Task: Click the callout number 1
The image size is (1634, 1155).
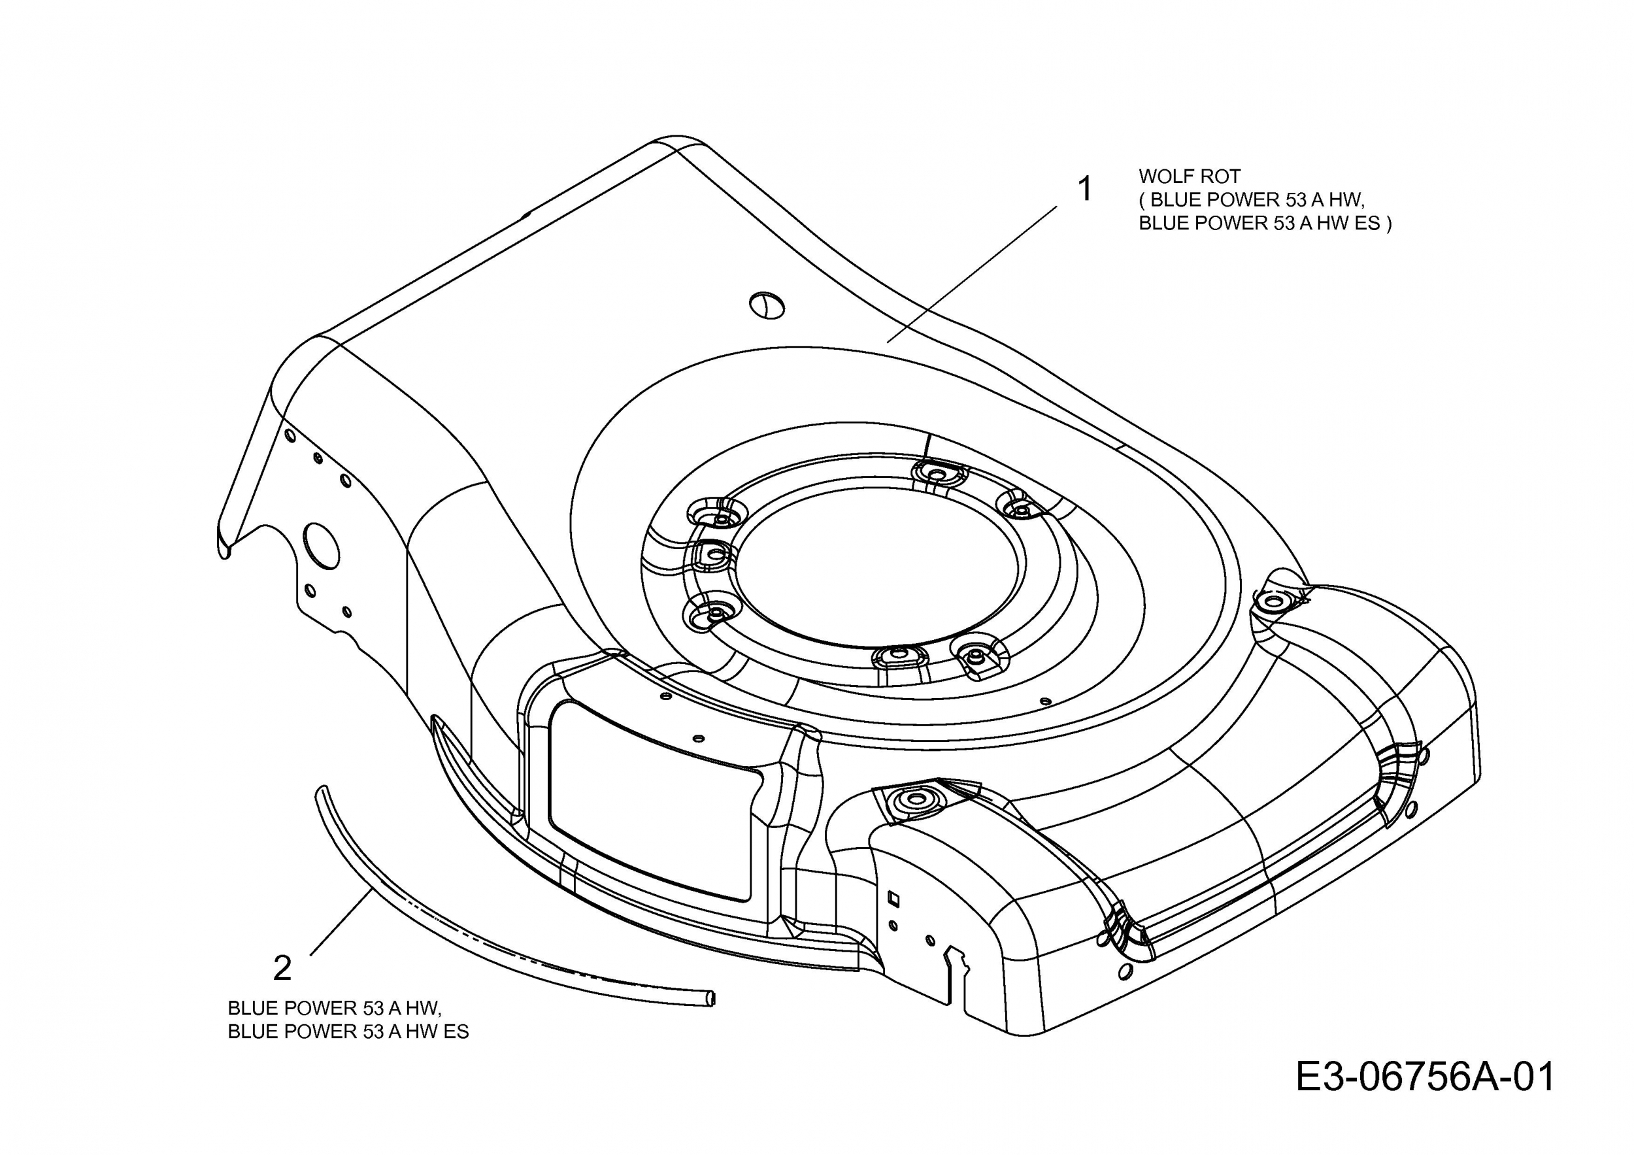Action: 1084,190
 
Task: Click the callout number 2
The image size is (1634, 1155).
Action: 282,969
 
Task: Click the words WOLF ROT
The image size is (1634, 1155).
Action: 1189,176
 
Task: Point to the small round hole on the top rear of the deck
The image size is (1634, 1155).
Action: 767,305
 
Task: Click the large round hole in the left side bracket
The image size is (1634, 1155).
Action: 322,546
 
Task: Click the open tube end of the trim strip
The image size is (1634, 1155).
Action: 710,999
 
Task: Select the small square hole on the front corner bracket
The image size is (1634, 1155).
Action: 895,899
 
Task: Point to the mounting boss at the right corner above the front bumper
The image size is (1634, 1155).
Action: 1271,602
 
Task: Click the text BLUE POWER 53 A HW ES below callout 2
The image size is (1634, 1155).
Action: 348,1031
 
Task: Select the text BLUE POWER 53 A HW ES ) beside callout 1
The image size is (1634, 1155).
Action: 1265,224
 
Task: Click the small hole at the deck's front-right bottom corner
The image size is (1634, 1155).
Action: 1125,971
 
